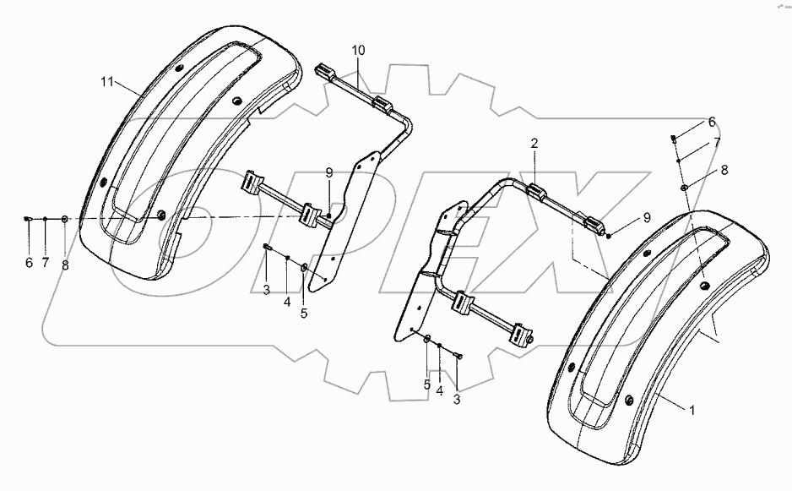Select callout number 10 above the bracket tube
[x=359, y=51]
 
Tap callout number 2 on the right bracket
[x=534, y=145]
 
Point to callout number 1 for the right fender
[x=692, y=411]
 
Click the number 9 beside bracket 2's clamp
[x=647, y=216]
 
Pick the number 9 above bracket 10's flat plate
[x=330, y=172]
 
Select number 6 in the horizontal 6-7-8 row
[x=29, y=264]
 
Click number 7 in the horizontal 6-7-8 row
[x=46, y=264]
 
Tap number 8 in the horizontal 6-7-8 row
[x=64, y=264]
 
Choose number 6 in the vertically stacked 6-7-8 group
[x=711, y=121]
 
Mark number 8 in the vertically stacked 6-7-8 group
[x=723, y=169]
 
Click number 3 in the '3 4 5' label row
[x=265, y=290]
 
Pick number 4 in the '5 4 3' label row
[x=439, y=390]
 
